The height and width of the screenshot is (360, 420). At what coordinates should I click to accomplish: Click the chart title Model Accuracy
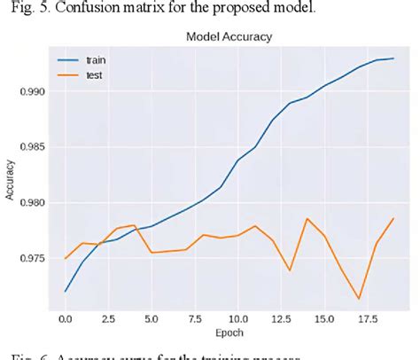pos(229,37)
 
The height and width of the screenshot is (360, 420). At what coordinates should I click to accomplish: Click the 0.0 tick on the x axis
pos(66,317)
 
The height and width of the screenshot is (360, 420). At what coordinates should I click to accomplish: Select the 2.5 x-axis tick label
pos(109,317)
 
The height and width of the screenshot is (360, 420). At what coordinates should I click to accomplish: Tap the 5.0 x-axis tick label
pos(152,317)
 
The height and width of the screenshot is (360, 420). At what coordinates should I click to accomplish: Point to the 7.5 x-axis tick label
pos(195,317)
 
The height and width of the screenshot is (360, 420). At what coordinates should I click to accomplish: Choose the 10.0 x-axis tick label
pos(237,317)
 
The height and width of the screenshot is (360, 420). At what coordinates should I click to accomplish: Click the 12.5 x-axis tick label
pos(281,317)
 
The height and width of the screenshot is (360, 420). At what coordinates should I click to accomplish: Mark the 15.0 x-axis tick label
pos(323,317)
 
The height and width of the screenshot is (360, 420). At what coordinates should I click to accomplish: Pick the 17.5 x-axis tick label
pos(367,317)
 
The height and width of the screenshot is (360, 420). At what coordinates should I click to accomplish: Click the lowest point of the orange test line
pos(359,299)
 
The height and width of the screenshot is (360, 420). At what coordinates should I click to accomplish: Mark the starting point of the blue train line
pos(66,291)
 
